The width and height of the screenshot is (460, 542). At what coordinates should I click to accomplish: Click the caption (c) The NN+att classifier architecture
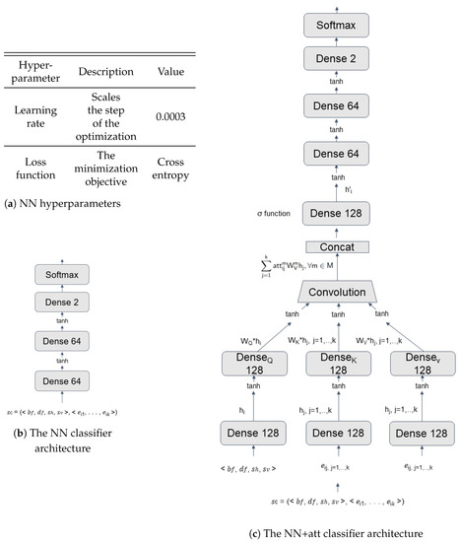[335, 533]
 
